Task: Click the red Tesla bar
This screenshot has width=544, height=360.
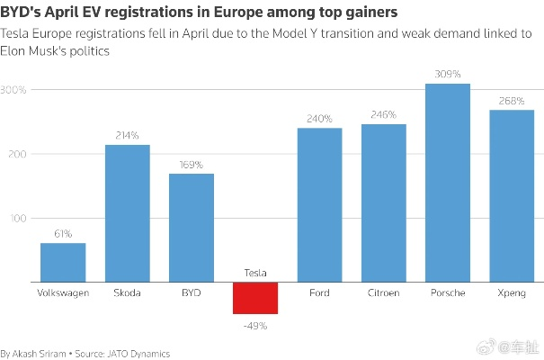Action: click(255, 298)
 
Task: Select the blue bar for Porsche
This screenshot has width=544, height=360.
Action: click(448, 183)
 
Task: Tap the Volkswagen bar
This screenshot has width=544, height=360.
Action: click(63, 263)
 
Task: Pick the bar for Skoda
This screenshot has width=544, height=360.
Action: click(128, 213)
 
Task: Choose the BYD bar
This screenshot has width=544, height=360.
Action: click(192, 228)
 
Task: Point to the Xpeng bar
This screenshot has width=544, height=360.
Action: click(512, 196)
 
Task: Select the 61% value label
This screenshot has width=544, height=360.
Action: click(63, 234)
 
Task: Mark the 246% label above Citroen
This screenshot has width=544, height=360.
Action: click(384, 115)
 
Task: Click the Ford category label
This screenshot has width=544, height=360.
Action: click(319, 293)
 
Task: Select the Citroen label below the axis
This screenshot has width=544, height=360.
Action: click(384, 293)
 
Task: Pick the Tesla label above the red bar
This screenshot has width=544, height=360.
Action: click(255, 273)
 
